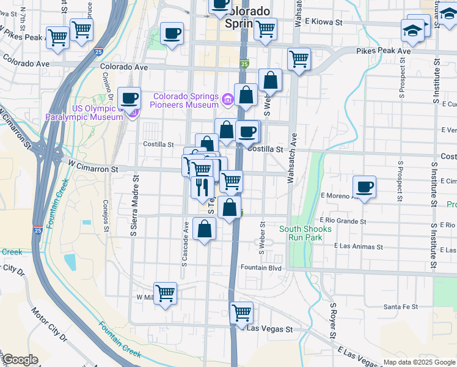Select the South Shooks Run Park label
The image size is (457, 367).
pos(305,233)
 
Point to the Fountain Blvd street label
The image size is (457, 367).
pos(261,267)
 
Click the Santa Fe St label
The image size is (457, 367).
pos(400,306)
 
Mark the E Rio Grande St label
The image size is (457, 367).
pos(343,221)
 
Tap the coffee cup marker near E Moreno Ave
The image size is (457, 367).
pos(364,187)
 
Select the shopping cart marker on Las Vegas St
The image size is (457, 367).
pos(242,312)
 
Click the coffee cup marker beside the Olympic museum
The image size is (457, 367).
pos(128,97)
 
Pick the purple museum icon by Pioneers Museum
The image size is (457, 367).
pos(228,98)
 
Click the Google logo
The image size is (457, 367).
pos(20,360)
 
